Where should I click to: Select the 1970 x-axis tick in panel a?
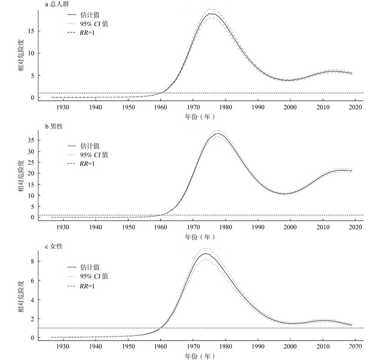[193, 107]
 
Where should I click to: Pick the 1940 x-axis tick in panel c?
[95, 346]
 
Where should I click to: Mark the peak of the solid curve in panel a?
[210, 13]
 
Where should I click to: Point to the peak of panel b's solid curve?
[217, 134]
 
